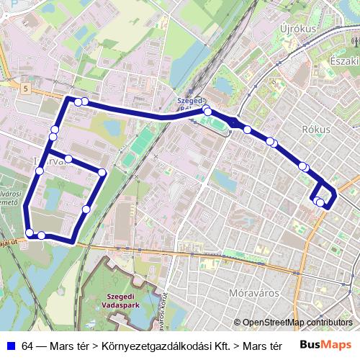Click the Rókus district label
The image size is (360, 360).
click(x=317, y=130)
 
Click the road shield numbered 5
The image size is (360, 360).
click(x=26, y=89)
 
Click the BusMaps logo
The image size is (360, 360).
click(x=326, y=345)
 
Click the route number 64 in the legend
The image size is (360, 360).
click(x=28, y=346)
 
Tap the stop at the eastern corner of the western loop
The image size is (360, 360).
click(x=102, y=172)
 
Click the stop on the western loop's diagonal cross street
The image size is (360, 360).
click(x=68, y=158)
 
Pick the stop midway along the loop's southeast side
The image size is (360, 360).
click(x=86, y=210)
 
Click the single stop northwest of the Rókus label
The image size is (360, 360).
click(x=247, y=130)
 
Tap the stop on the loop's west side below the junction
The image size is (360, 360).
click(x=40, y=171)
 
